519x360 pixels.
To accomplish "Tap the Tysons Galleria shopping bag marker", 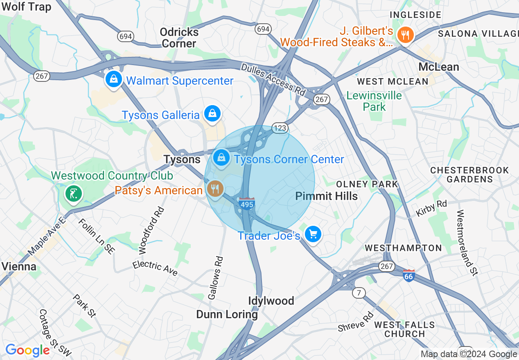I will [212, 113].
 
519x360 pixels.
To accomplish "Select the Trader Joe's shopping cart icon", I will [313, 234].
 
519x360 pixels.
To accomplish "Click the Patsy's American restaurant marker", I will [214, 189].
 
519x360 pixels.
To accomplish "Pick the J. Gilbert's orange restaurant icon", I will [405, 34].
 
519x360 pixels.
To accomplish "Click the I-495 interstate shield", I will [247, 203].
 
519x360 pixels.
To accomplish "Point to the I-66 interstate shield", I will [408, 275].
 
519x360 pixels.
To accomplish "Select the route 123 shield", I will [280, 128].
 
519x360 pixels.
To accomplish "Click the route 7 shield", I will [359, 292].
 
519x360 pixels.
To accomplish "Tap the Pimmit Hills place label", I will [326, 196].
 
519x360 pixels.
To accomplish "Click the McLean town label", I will [438, 67].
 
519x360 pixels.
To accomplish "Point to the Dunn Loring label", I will [227, 314].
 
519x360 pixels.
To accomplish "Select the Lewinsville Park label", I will [374, 101].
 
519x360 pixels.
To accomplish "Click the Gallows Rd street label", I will [216, 278].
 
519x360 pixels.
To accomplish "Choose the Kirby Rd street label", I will [431, 208].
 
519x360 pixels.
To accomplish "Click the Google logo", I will [27, 350].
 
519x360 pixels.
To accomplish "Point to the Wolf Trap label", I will [26, 7].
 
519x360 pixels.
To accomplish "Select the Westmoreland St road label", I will [467, 243].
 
